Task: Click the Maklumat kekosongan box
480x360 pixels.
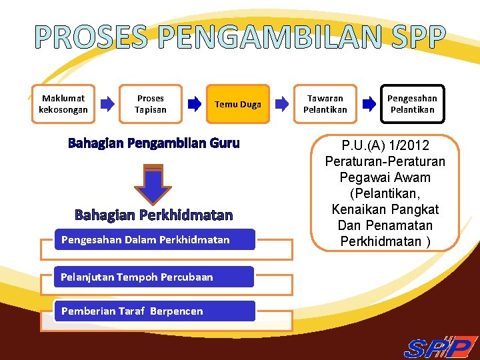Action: [63, 104]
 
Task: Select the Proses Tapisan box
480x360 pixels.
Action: [151, 104]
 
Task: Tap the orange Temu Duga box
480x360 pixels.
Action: [237, 104]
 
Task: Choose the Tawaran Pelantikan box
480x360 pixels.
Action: [325, 104]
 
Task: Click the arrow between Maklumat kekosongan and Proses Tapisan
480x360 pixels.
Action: [107, 104]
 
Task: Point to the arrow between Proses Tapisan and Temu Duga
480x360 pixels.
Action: [194, 104]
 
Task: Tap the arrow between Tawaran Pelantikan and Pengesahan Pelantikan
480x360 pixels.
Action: [369, 104]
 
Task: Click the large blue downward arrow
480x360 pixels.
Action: [153, 184]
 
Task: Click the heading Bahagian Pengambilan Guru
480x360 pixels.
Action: [153, 143]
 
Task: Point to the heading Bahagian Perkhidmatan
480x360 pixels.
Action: [153, 215]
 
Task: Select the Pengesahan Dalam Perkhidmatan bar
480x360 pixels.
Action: [155, 240]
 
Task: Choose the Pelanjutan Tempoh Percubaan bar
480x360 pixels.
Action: [154, 277]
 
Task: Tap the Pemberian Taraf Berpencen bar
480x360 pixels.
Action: [155, 311]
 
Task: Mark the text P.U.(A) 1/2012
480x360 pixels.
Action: [385, 145]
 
